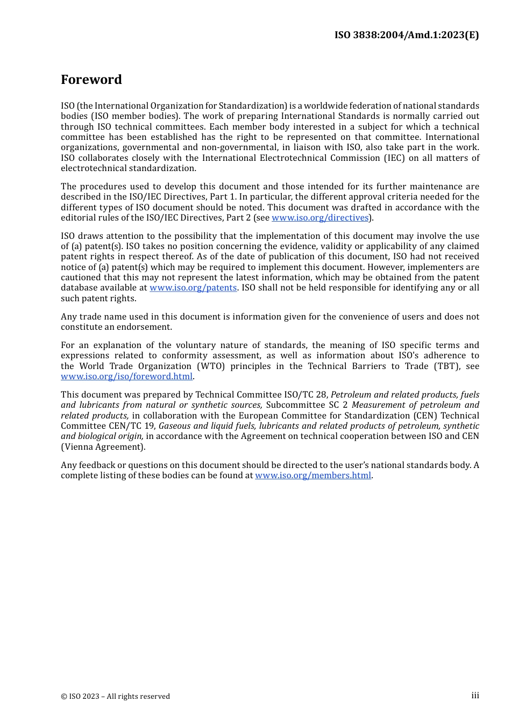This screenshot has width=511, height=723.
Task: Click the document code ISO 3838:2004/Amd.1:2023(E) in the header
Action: (406, 35)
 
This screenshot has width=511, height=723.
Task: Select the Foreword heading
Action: (91, 80)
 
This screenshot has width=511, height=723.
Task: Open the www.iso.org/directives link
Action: (320, 218)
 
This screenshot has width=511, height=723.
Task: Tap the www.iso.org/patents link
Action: (193, 288)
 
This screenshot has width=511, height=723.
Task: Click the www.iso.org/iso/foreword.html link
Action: (126, 377)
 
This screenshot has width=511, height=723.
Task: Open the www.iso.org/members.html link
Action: (313, 476)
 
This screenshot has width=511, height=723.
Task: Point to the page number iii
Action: (475, 696)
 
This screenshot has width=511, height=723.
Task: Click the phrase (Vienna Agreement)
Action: (103, 447)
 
